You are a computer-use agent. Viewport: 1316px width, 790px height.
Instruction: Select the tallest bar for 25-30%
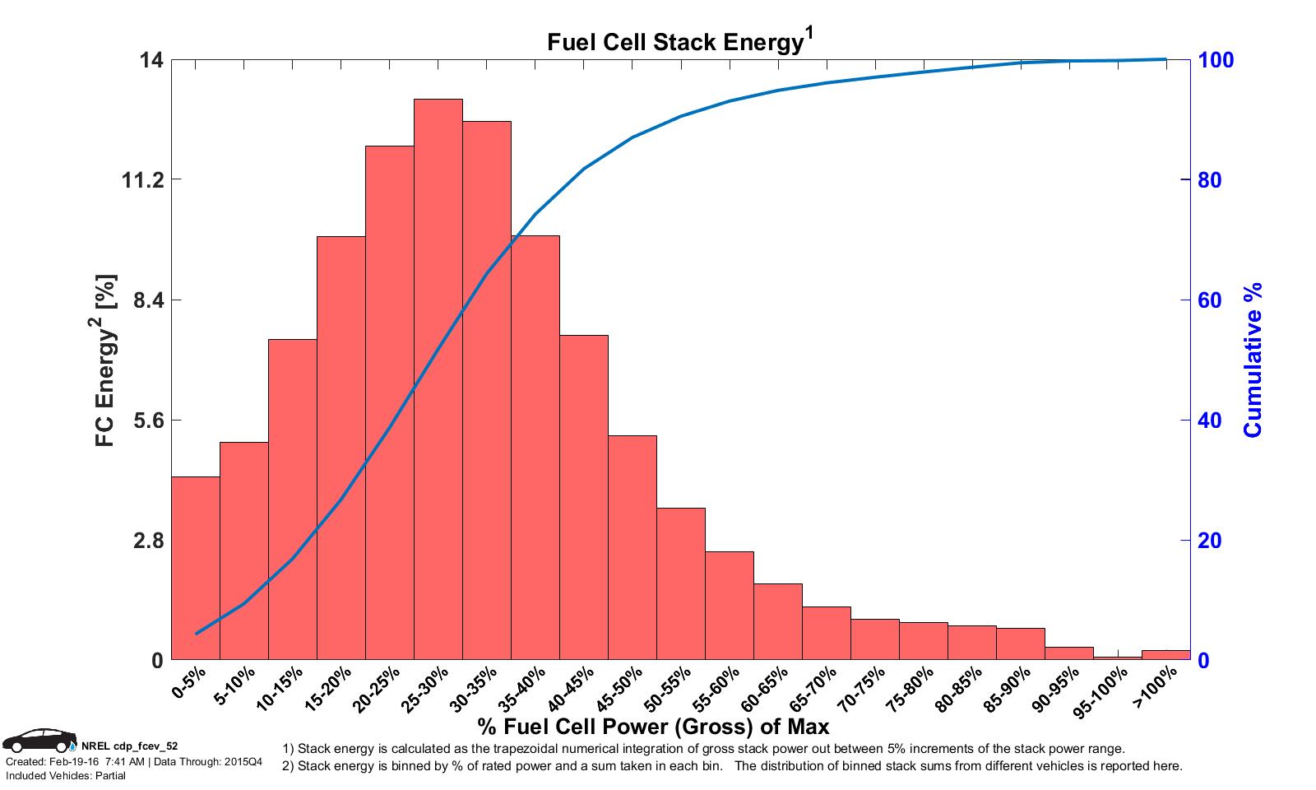coord(438,379)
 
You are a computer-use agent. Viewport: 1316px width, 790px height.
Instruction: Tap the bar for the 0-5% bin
coord(195,568)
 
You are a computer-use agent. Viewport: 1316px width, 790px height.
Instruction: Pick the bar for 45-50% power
coord(633,547)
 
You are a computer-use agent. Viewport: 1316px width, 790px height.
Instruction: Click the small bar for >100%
coord(1165,655)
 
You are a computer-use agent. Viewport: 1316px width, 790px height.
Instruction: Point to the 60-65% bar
coord(778,621)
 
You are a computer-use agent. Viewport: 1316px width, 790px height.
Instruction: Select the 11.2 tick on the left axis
coord(141,180)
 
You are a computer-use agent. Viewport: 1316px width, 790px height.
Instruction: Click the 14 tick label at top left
coord(153,60)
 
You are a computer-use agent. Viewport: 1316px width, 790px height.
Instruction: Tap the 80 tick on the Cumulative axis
coord(1208,180)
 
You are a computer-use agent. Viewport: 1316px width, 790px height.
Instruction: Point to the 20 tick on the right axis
coord(1208,541)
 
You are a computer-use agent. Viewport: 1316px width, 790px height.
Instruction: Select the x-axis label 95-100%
coord(1107,690)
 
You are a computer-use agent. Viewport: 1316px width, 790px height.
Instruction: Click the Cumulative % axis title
coord(1253,360)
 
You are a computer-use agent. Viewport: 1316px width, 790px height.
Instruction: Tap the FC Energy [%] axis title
coord(107,360)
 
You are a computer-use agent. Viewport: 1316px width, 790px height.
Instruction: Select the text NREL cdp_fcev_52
coord(130,746)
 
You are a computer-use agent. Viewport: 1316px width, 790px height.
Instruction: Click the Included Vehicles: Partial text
coord(66,776)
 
